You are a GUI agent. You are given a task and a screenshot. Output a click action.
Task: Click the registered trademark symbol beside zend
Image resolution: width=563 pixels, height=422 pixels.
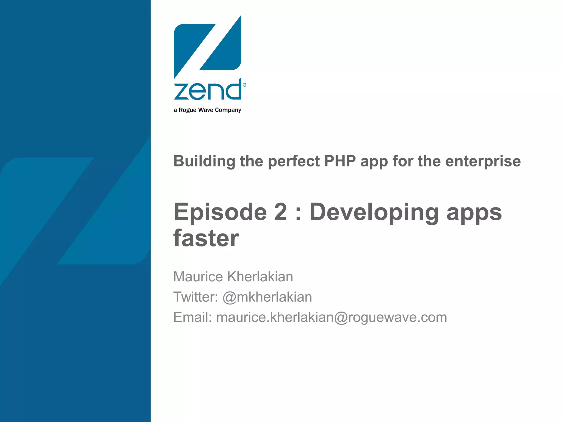245,85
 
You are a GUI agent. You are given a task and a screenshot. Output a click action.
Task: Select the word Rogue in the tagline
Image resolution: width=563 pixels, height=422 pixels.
187,110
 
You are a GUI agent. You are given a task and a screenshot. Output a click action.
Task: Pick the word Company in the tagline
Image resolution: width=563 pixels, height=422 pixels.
228,110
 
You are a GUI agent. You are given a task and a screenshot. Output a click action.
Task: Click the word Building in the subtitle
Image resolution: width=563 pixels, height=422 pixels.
204,161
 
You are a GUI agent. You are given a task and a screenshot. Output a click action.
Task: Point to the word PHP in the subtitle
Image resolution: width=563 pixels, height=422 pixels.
340,161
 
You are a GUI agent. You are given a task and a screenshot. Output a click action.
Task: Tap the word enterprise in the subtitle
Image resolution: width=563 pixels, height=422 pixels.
483,161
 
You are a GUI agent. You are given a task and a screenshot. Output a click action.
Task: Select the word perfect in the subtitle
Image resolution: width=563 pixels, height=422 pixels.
294,161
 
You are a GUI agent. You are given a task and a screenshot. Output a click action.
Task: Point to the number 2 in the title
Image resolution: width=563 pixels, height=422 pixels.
280,212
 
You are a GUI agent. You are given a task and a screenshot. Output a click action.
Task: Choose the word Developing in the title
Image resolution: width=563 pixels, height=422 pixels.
374,212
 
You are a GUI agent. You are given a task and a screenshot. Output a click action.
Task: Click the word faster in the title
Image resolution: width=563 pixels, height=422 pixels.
206,238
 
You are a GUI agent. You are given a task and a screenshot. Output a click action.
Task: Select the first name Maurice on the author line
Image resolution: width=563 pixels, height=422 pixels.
198,277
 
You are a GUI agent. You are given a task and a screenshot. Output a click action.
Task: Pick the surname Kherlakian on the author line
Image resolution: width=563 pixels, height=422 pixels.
260,277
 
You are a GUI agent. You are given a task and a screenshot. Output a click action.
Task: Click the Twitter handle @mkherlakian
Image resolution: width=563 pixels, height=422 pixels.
267,297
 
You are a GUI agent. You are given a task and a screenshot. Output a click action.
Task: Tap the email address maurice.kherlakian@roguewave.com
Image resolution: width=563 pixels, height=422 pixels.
332,317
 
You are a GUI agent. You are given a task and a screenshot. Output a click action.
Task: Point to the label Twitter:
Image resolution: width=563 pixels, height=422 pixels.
195,297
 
